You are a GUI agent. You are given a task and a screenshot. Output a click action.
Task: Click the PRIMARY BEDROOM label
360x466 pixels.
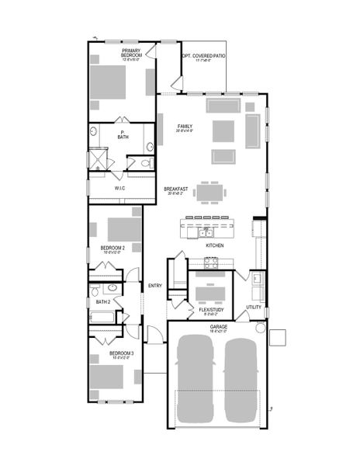(x=130, y=54)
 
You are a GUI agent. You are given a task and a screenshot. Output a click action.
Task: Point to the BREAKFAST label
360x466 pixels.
(x=176, y=190)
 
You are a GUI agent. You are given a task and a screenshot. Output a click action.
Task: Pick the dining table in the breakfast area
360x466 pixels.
(x=211, y=191)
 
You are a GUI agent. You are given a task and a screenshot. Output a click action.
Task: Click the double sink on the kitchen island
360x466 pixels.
(x=206, y=231)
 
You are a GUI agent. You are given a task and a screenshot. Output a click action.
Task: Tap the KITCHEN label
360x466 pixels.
(x=215, y=245)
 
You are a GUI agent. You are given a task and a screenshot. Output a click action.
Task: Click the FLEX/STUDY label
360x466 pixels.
(x=211, y=309)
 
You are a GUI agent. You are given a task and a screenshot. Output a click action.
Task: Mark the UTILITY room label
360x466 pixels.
(x=254, y=307)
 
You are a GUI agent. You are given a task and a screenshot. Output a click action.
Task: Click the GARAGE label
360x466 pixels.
(x=218, y=327)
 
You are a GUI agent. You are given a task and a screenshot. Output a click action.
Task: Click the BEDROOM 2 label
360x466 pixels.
(x=112, y=249)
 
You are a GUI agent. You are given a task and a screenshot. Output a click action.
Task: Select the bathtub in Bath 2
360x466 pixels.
(x=103, y=316)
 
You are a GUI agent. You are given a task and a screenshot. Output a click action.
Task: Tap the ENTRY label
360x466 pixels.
(x=154, y=285)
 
